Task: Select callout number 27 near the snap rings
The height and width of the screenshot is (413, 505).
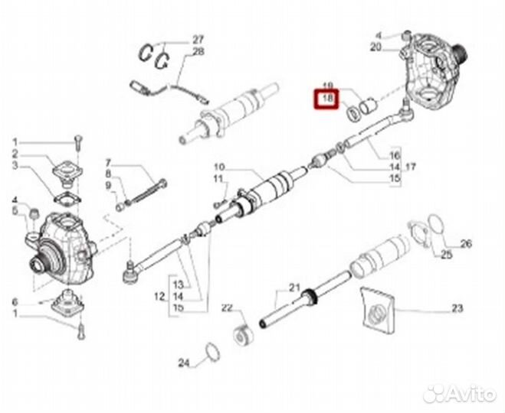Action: [x=198, y=39]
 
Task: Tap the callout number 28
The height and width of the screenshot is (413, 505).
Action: [x=198, y=52]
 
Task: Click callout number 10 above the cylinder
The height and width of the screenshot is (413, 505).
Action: [x=218, y=167]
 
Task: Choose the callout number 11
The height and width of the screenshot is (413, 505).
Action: [x=218, y=180]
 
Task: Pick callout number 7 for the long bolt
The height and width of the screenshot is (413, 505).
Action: [x=108, y=163]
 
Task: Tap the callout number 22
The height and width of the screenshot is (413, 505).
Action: [x=227, y=308]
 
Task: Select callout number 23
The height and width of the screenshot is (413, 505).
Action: [x=457, y=309]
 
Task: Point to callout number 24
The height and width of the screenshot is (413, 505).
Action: [x=182, y=363]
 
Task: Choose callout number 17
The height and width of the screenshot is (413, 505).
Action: [x=411, y=166]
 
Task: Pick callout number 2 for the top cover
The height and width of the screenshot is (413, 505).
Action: [x=15, y=154]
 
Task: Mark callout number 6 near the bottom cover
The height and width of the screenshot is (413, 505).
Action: [x=15, y=302]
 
